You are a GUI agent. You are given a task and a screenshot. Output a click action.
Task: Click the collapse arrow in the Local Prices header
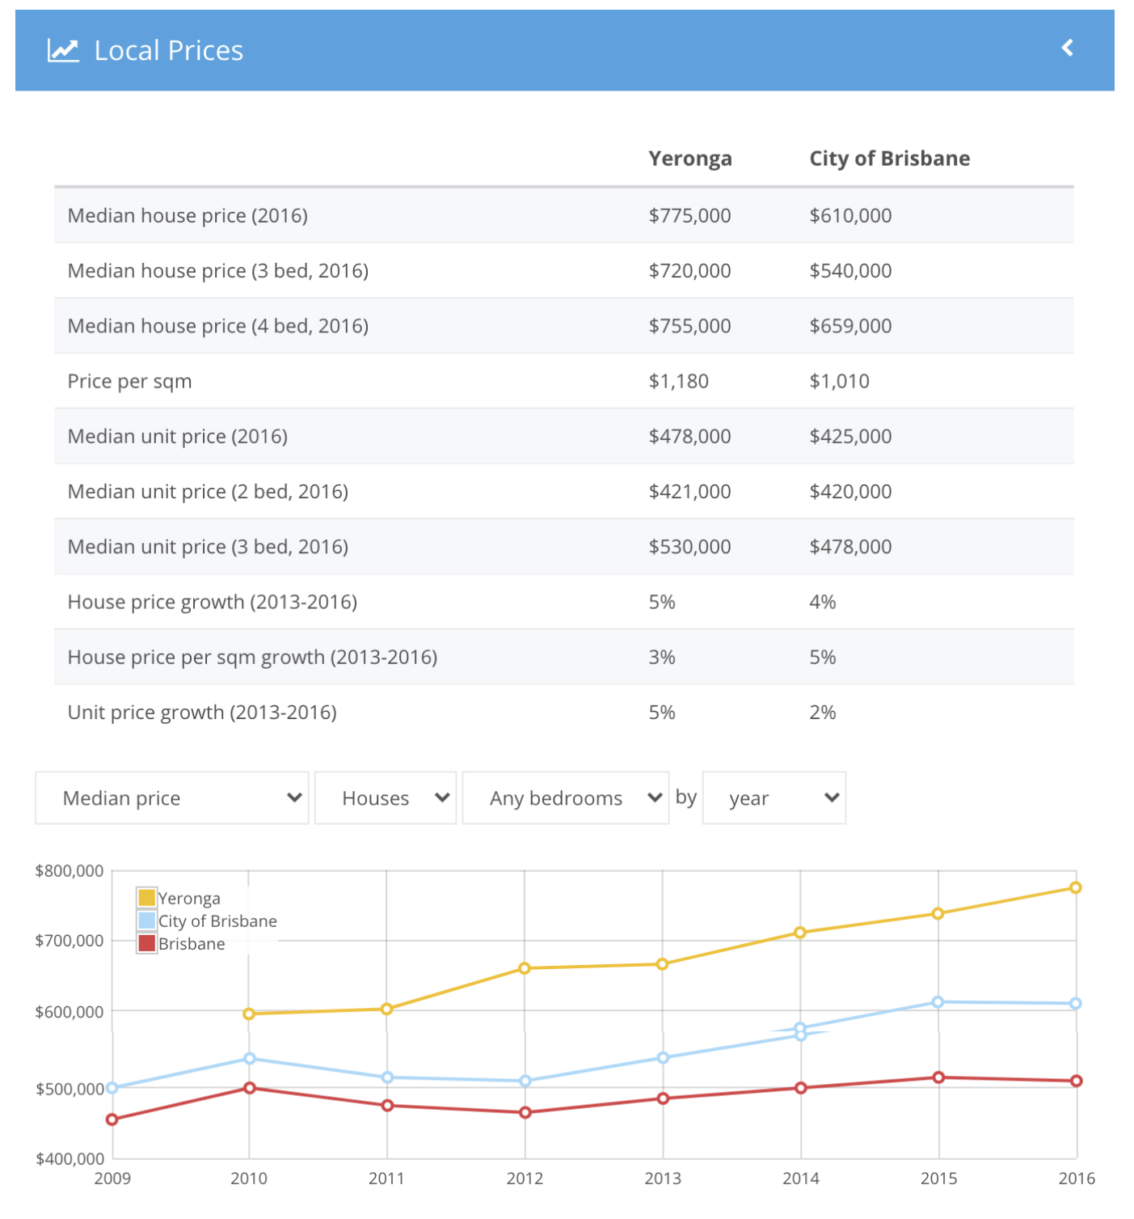point(1067,48)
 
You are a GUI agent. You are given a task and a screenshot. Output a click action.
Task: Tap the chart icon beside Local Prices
point(63,50)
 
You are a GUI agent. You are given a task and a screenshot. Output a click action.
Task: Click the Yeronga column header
point(689,159)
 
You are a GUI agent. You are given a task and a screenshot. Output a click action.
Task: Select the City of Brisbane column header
point(889,159)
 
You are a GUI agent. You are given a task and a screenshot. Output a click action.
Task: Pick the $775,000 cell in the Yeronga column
point(689,215)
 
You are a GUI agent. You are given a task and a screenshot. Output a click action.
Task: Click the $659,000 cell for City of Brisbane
point(849,326)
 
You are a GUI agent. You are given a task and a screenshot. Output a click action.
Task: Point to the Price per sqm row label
point(129,382)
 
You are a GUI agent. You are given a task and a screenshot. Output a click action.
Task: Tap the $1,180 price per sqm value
point(678,381)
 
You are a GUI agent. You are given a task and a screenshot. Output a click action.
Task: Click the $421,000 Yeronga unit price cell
point(689,492)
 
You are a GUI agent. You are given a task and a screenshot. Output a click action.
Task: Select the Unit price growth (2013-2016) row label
point(202,713)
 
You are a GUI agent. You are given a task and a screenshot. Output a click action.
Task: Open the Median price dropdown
point(172,798)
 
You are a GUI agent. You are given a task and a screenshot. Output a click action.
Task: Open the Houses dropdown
point(386,798)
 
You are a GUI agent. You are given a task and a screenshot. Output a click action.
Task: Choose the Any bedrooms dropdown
point(565,798)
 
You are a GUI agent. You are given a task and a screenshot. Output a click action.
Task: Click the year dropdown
point(774,798)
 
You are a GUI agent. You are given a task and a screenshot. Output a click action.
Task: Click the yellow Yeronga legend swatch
point(146,897)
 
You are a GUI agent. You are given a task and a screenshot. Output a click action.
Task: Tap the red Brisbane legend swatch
point(146,943)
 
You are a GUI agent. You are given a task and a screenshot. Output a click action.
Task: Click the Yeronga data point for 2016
point(1075,887)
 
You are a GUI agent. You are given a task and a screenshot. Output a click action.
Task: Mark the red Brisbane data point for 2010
point(249,1088)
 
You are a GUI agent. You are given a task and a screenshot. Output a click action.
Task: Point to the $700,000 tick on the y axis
point(70,941)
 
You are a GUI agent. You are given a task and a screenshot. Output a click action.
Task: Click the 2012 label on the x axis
point(525,1179)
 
